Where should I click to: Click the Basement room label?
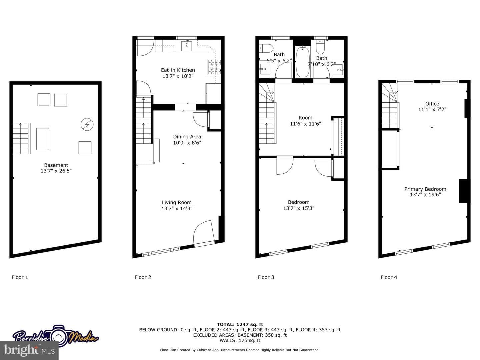[56, 165]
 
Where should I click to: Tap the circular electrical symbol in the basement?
[87, 124]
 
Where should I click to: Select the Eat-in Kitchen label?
[178, 70]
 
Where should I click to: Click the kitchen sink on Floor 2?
[187, 46]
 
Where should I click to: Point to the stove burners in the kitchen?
[214, 67]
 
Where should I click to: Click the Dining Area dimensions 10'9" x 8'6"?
[187, 143]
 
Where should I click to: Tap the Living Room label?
[177, 202]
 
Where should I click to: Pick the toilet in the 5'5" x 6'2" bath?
[266, 48]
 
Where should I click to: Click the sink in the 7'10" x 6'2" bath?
[338, 68]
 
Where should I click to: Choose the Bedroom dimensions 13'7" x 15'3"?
[299, 208]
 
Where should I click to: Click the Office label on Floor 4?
[432, 104]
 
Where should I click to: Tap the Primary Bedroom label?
[425, 189]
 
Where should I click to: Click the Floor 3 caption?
[266, 277]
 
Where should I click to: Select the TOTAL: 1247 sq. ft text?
[240, 324]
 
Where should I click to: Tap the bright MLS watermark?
[29, 350]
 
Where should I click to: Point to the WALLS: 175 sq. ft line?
[240, 340]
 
